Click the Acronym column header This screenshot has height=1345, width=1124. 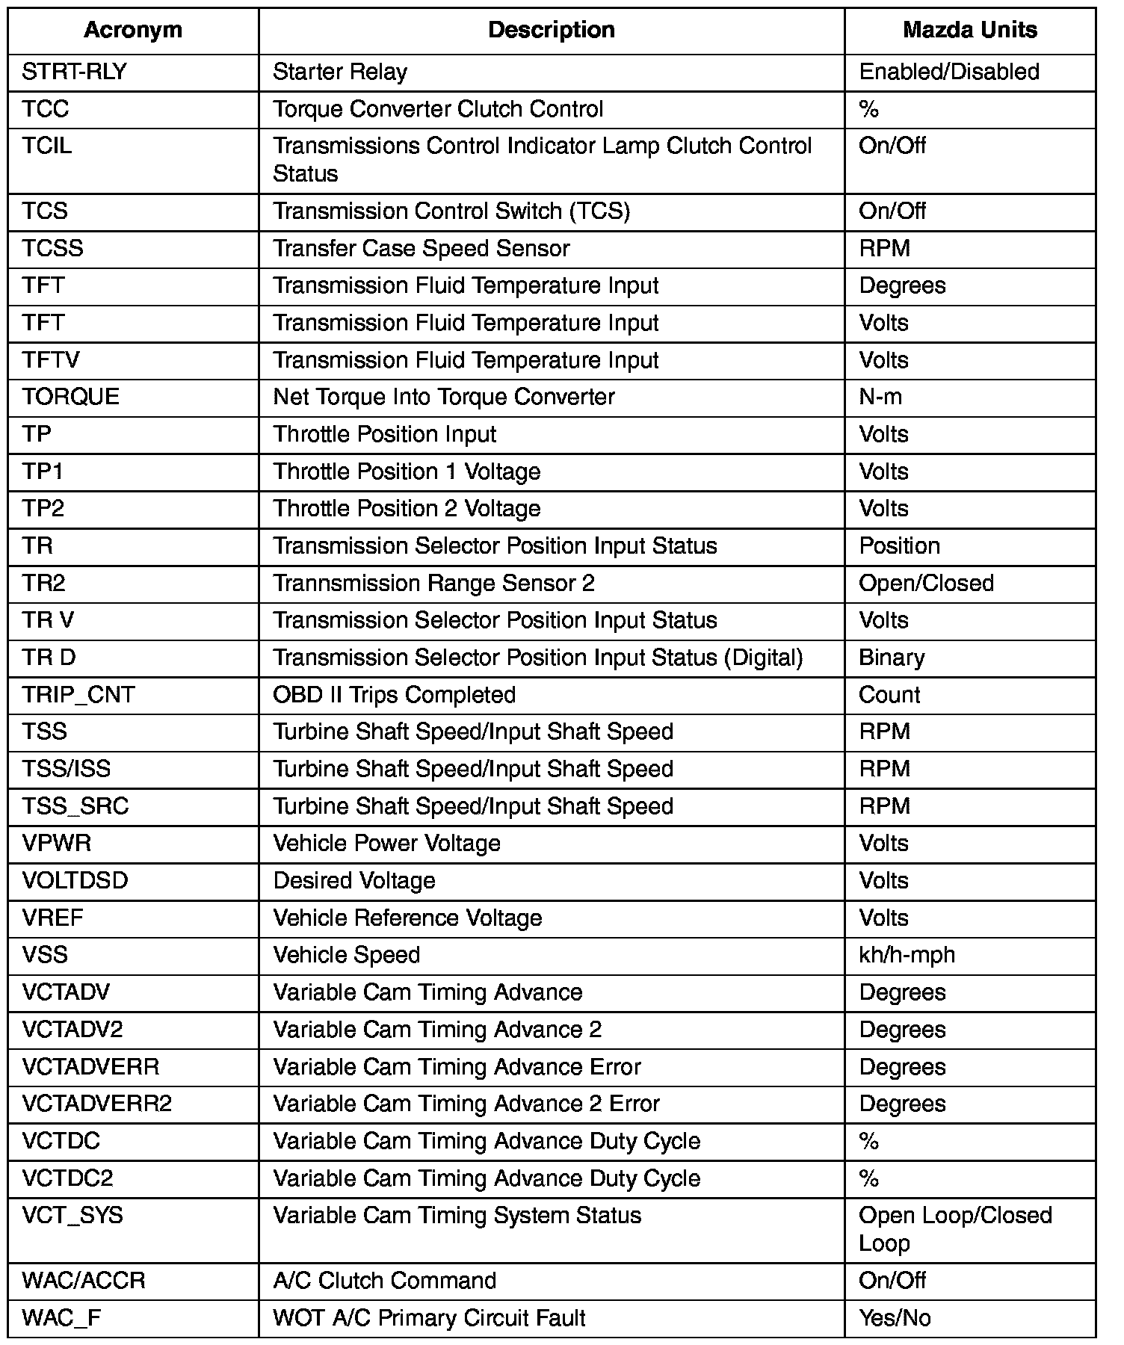coord(133,30)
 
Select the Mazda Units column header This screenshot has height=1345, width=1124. coord(969,30)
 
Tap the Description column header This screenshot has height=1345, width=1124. coord(552,30)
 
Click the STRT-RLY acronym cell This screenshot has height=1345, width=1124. coord(75,72)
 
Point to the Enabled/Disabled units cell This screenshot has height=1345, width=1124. coord(949,72)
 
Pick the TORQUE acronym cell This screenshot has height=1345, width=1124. coord(71,397)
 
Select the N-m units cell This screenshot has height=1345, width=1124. coord(880,397)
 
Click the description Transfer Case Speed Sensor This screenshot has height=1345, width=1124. coord(421,248)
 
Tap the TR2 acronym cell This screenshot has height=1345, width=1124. coord(44,583)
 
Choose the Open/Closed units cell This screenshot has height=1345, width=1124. coord(926,583)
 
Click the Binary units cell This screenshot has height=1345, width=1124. coord(892,658)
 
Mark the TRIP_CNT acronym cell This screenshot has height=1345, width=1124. coord(78,695)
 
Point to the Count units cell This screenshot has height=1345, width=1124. coord(889,695)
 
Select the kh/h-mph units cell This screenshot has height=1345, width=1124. coord(907,955)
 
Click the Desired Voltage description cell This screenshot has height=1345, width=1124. coord(354,880)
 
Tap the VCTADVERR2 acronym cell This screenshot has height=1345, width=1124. coord(97,1104)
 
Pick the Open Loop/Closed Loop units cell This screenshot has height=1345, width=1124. coord(955,1229)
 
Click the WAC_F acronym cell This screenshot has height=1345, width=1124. coord(61,1317)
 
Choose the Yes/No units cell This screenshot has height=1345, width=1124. coord(895,1317)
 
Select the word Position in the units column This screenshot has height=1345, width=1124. coord(899,545)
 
